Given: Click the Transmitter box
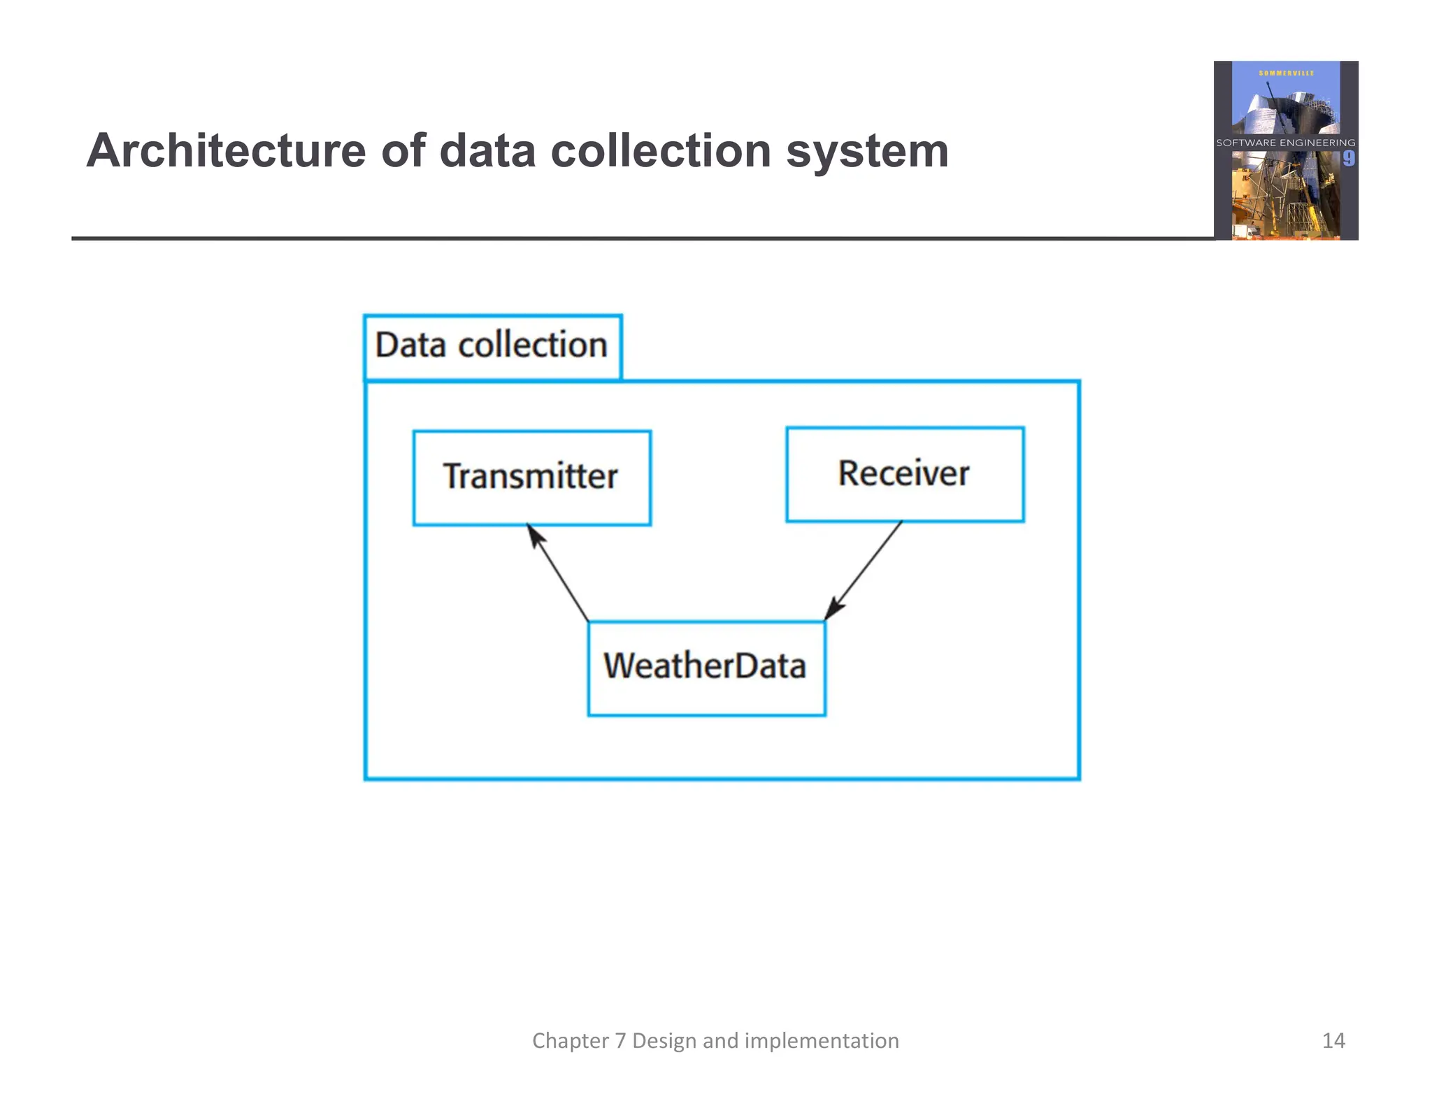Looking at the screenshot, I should coord(531,477).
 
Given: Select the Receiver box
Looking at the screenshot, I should coord(905,474).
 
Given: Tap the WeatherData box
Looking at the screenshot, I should coord(706,668).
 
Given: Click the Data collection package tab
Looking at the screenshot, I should coord(492,346).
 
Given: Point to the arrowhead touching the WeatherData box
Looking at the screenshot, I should coord(833,608).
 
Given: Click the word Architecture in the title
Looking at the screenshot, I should coord(226,151).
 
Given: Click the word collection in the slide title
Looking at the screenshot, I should coord(661,151).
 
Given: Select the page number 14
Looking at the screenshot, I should coord(1333,1040).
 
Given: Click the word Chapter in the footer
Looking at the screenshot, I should coord(570,1041).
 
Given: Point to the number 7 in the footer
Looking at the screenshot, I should coord(620,1041).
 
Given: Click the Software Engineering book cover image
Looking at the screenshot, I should coord(1286,150).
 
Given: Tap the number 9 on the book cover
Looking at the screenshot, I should coord(1348,159).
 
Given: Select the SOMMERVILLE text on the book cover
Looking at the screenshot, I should coord(1286,73).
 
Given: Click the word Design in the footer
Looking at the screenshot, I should coord(664,1041).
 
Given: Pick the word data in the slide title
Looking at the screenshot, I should coord(487,151).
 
